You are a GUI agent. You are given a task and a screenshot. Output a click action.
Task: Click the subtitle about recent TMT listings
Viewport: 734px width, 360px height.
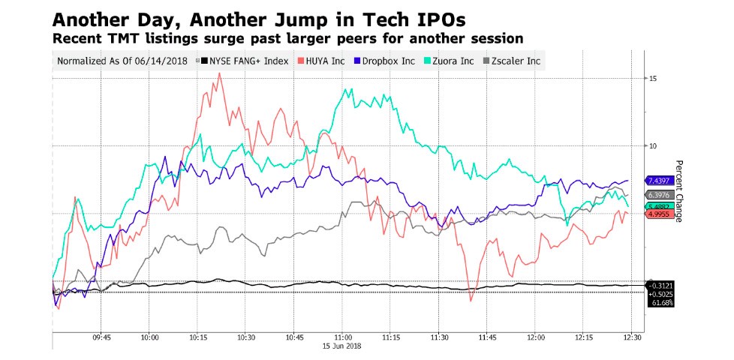click(287, 37)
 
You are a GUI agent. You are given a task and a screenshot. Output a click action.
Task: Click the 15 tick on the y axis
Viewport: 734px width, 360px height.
click(653, 78)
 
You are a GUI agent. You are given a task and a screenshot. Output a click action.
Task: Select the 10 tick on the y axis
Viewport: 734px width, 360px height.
click(653, 145)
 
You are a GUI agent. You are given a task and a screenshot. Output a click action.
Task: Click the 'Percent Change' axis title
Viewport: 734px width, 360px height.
click(678, 191)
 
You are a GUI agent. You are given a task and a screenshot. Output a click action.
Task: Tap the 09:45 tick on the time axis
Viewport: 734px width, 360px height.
click(101, 337)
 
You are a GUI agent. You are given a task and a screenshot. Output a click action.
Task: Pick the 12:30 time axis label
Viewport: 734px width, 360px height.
click(632, 337)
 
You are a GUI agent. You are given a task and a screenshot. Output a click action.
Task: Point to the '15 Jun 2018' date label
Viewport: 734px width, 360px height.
click(342, 346)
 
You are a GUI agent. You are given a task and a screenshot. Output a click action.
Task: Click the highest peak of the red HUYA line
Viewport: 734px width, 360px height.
click(219, 73)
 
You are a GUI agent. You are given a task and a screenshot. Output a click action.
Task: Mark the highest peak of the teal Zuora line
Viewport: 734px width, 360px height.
click(350, 88)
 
